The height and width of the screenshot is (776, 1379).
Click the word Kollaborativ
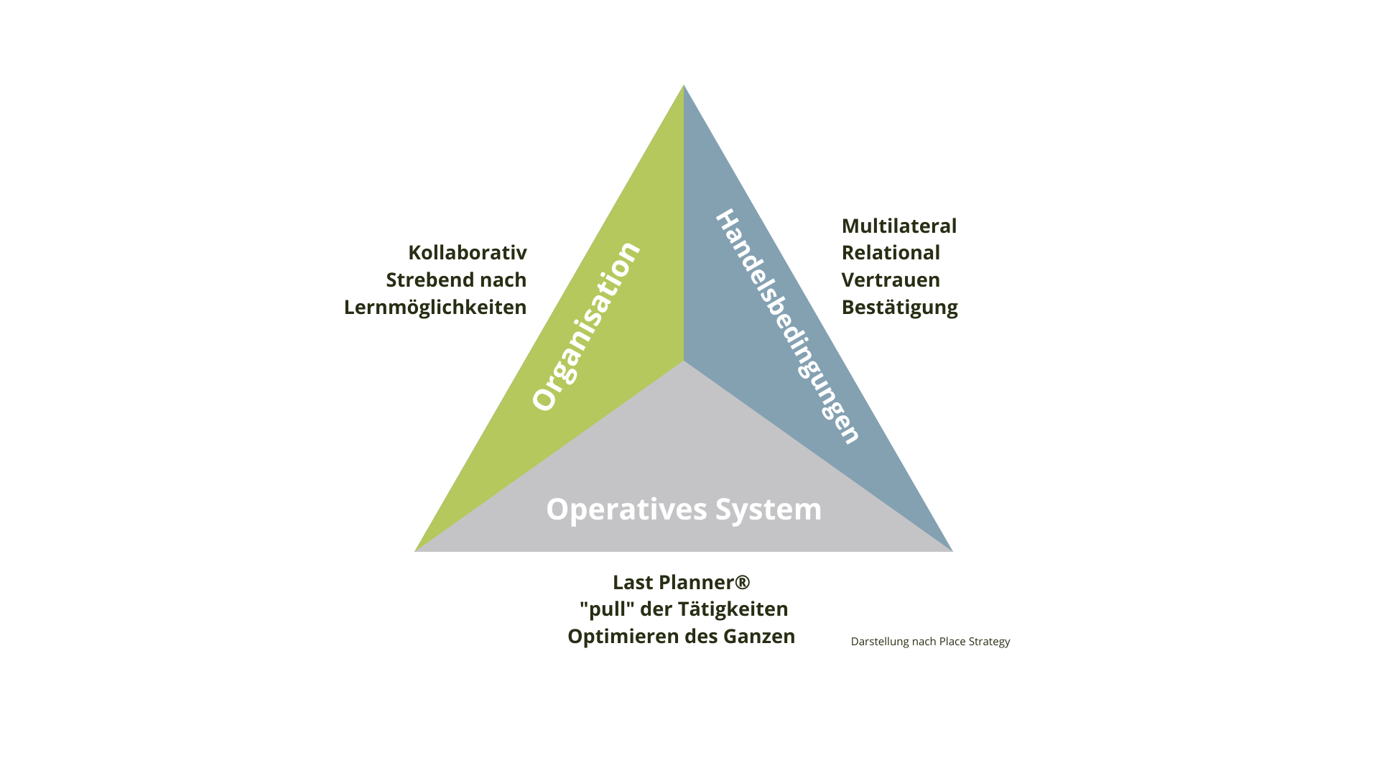coord(468,253)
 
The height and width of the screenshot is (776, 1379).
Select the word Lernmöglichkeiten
coord(435,308)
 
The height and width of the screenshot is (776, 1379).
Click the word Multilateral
coord(899,226)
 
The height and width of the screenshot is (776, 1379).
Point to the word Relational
coord(891,253)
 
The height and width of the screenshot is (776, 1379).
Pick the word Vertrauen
coord(891,280)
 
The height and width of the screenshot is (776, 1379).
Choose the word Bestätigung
coord(899,308)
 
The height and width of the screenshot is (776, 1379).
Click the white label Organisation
coord(585,327)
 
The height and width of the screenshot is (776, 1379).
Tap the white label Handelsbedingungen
coord(788,327)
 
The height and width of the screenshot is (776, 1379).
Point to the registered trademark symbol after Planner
coord(743,581)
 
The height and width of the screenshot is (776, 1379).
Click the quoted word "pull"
coord(607,609)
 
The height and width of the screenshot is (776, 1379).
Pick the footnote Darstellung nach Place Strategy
coord(930,642)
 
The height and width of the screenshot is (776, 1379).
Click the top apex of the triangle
coord(684,86)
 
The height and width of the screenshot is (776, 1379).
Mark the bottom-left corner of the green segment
coord(417,550)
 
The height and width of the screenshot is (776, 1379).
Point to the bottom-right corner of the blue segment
coord(951,550)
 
